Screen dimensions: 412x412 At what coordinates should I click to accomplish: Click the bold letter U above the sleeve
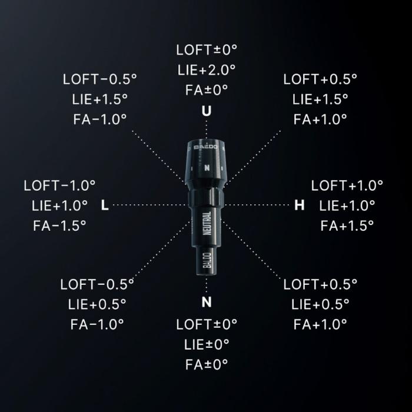[x=207, y=111]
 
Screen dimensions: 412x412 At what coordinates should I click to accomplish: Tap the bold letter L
[x=105, y=205]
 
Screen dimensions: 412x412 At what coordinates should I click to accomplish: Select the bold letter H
[x=300, y=205]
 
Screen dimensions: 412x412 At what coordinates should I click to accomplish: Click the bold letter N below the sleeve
[x=207, y=302]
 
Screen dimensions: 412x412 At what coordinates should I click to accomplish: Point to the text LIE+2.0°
[x=207, y=70]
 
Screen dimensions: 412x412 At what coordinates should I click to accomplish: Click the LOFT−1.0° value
[x=59, y=186]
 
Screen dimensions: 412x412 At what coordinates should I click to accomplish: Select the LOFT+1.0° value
[x=347, y=186]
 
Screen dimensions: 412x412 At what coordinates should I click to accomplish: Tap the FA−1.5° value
[x=59, y=225]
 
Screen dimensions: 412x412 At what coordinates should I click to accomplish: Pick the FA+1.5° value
[x=347, y=225]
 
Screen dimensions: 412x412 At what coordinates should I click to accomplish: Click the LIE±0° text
[x=207, y=344]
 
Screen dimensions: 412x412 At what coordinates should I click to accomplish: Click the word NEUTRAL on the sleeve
[x=207, y=223]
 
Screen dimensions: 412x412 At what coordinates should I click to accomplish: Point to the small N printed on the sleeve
[x=207, y=168]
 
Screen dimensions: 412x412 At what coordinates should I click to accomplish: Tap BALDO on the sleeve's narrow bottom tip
[x=207, y=260]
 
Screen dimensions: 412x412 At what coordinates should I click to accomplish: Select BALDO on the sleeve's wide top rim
[x=206, y=147]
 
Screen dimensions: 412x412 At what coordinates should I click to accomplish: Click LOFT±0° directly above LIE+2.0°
[x=207, y=50]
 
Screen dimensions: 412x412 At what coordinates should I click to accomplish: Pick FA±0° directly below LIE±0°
[x=207, y=365]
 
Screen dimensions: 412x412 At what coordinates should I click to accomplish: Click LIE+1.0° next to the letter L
[x=59, y=206]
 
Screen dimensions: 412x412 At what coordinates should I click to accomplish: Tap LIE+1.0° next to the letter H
[x=347, y=206]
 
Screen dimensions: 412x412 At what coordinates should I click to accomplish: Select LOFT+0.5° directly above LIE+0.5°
[x=320, y=284]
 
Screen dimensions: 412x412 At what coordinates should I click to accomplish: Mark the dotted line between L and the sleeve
[x=149, y=205]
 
